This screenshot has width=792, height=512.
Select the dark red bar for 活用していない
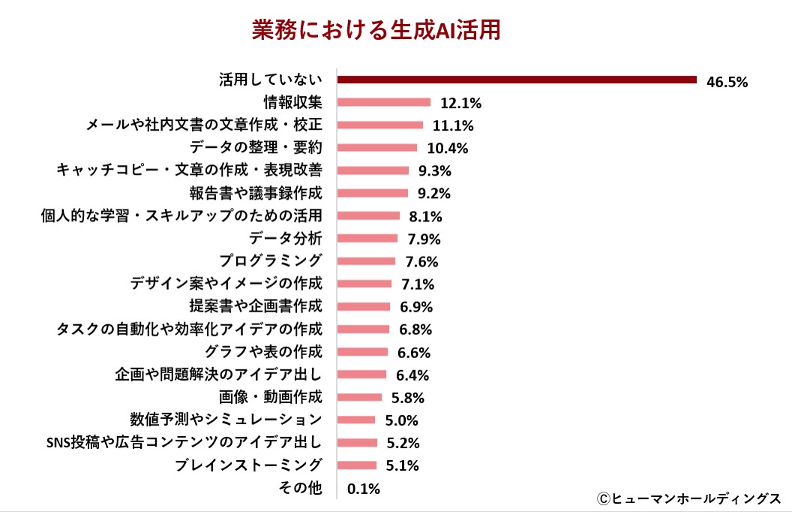[x=517, y=80]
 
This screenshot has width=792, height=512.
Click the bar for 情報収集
[x=384, y=102]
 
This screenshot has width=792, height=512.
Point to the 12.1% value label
[x=460, y=103]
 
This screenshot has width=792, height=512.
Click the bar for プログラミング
[x=367, y=261]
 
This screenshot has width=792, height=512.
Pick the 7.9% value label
[x=424, y=239]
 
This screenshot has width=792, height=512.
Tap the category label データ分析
[x=286, y=239]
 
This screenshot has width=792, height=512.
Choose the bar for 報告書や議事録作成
[x=373, y=193]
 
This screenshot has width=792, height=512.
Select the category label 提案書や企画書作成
[x=256, y=306]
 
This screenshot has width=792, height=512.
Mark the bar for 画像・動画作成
[x=360, y=397]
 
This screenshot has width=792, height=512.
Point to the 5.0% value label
[x=400, y=420]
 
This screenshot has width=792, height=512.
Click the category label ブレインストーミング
[x=248, y=465]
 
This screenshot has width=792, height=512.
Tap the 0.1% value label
[x=364, y=489]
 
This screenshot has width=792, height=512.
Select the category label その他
[x=300, y=488]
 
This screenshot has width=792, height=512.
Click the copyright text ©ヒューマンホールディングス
[x=689, y=498]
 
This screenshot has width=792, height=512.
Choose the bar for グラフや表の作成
[x=363, y=351]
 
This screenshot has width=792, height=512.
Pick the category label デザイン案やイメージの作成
[x=226, y=284]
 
